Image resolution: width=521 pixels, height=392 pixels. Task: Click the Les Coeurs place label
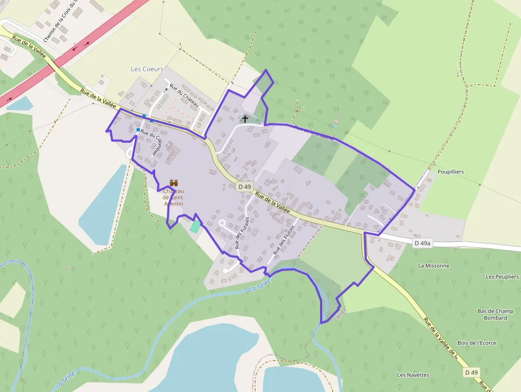(x=147, y=69)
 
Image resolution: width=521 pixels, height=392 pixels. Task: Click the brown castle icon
(x=174, y=183)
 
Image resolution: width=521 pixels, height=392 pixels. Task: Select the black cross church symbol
(x=245, y=119)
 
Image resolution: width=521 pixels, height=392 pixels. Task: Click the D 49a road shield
(x=422, y=243)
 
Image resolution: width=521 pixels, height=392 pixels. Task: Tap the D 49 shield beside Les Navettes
(x=471, y=372)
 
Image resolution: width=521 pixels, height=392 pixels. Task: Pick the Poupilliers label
(x=451, y=172)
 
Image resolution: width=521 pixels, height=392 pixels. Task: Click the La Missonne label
(x=434, y=265)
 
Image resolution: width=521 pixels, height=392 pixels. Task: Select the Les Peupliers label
(x=502, y=277)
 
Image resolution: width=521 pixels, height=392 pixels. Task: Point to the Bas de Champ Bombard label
(x=495, y=314)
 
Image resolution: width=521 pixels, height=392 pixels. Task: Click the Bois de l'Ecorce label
(x=476, y=343)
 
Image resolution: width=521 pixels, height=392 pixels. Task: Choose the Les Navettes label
(x=413, y=374)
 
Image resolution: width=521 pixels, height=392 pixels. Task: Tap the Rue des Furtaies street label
(x=242, y=233)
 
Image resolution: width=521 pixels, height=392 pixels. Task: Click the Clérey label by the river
(x=341, y=314)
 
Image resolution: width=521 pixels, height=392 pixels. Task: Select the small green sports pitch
(x=196, y=226)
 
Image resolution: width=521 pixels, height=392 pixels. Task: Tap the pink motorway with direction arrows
(x=80, y=48)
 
